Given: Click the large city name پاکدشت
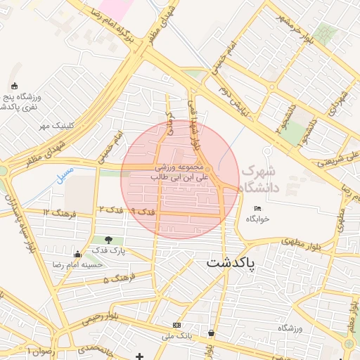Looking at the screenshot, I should coord(231,262).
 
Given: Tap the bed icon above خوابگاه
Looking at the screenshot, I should coord(257,209).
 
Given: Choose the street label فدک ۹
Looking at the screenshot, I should coord(143,211).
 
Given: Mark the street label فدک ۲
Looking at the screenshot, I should coord(111,210).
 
